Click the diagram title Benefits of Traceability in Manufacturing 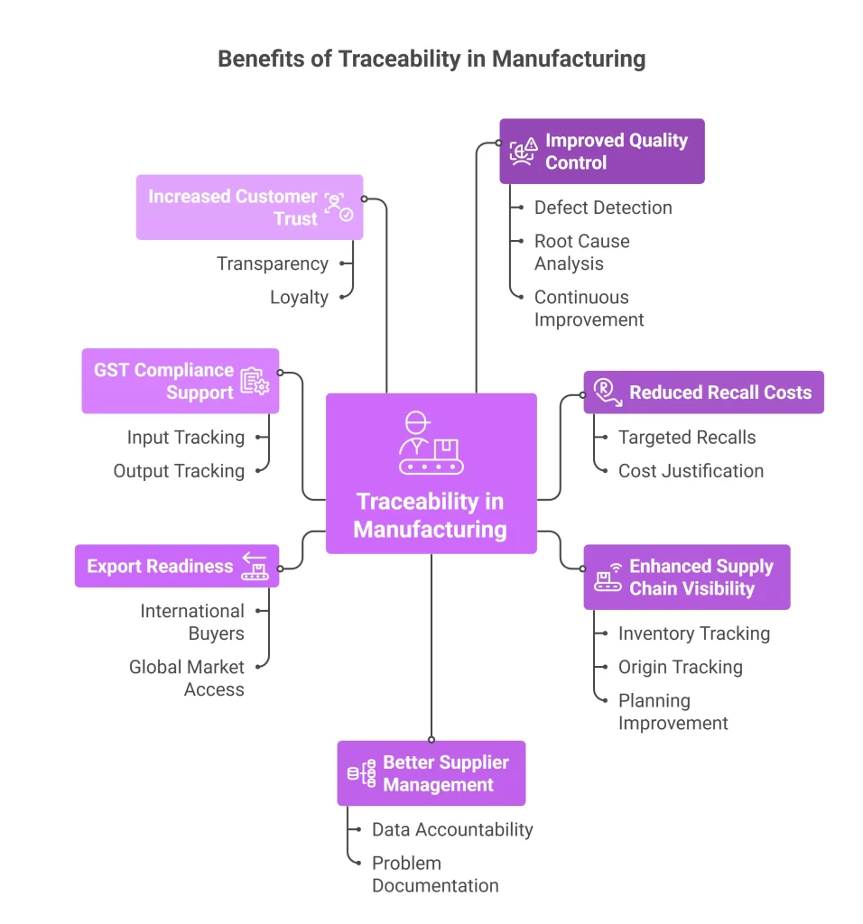click(x=431, y=60)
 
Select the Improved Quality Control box click(x=601, y=152)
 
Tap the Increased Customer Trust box click(x=249, y=208)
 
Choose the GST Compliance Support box click(x=180, y=381)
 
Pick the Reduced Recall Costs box click(x=703, y=393)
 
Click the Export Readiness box click(x=176, y=566)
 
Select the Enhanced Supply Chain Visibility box click(x=686, y=577)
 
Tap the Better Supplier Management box click(x=431, y=773)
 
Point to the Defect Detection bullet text click(x=603, y=208)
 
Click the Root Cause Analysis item click(x=581, y=253)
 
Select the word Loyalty click(x=299, y=297)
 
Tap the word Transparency click(x=272, y=263)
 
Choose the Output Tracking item click(x=179, y=470)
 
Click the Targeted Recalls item click(x=687, y=438)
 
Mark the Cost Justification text click(x=691, y=471)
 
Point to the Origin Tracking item click(x=680, y=667)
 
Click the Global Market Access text click(x=187, y=678)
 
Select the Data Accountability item click(x=452, y=829)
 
